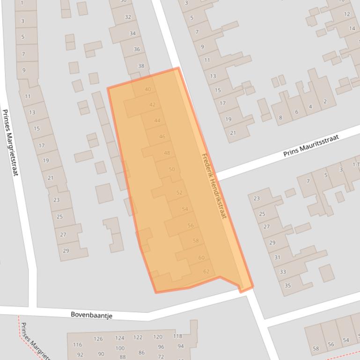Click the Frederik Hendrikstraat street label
tap(214, 186)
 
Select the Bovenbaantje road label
tap(91, 315)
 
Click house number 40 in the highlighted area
tap(148, 89)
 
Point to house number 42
tap(152, 105)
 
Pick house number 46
tap(162, 137)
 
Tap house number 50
tap(171, 169)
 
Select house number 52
tap(179, 193)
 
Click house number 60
tap(201, 258)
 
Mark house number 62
tap(206, 272)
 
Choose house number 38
tap(141, 66)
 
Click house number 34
tap(132, 33)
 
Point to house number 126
tap(98, 339)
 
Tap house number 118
tap(177, 336)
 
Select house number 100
tap(120, 348)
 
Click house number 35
tap(287, 286)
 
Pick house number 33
tap(282, 272)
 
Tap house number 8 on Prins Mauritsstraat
tap(280, 117)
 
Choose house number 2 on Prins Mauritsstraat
tap(325, 101)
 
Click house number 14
tap(352, 28)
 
